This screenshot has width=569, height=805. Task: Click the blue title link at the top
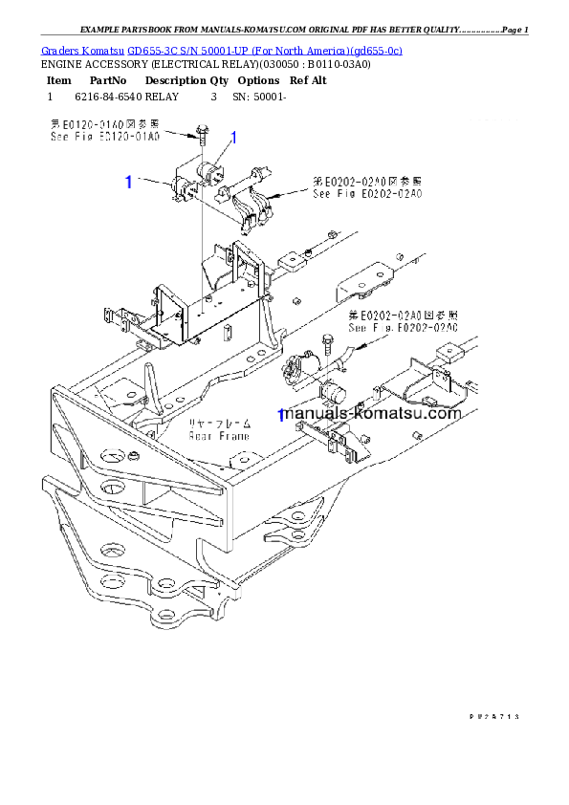pyautogui.click(x=221, y=50)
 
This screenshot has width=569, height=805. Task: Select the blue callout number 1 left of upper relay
pyautogui.click(x=129, y=182)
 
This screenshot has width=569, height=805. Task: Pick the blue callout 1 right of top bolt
pyautogui.click(x=233, y=138)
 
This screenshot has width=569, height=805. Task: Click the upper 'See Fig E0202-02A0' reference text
pyautogui.click(x=367, y=193)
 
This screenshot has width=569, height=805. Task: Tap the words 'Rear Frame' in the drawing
pyautogui.click(x=219, y=436)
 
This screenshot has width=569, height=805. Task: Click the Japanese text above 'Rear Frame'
pyautogui.click(x=219, y=423)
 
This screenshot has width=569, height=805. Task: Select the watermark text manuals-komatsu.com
pyautogui.click(x=373, y=414)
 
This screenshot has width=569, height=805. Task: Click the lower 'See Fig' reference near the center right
pyautogui.click(x=403, y=328)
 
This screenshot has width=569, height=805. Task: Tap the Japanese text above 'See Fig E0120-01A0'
pyautogui.click(x=104, y=125)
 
